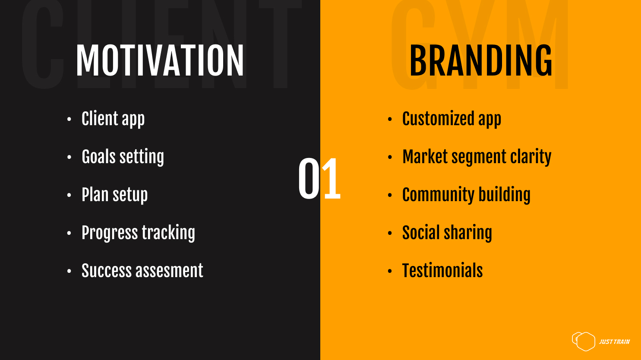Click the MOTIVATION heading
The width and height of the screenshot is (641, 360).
coord(160,60)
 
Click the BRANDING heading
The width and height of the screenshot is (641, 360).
coord(481,60)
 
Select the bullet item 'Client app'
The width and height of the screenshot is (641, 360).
coord(113,119)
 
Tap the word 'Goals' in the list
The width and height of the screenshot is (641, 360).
coord(98,157)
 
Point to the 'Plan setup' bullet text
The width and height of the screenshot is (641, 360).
coord(114,195)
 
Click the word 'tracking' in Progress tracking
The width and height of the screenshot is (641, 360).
coord(168,233)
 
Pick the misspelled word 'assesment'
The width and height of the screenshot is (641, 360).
coord(169,271)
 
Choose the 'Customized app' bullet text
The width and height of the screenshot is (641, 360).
coord(452,119)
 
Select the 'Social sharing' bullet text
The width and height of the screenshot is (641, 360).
coord(447,233)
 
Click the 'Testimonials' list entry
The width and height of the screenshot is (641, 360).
coord(442,270)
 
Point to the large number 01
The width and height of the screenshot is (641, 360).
coord(319,179)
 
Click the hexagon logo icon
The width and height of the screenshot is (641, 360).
coord(584,341)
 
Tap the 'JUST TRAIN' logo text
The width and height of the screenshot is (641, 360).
coord(614,342)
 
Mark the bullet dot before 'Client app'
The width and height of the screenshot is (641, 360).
coord(69,119)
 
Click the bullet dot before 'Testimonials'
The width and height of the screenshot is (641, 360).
coord(390,271)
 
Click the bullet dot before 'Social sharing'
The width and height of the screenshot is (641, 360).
coord(390,233)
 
